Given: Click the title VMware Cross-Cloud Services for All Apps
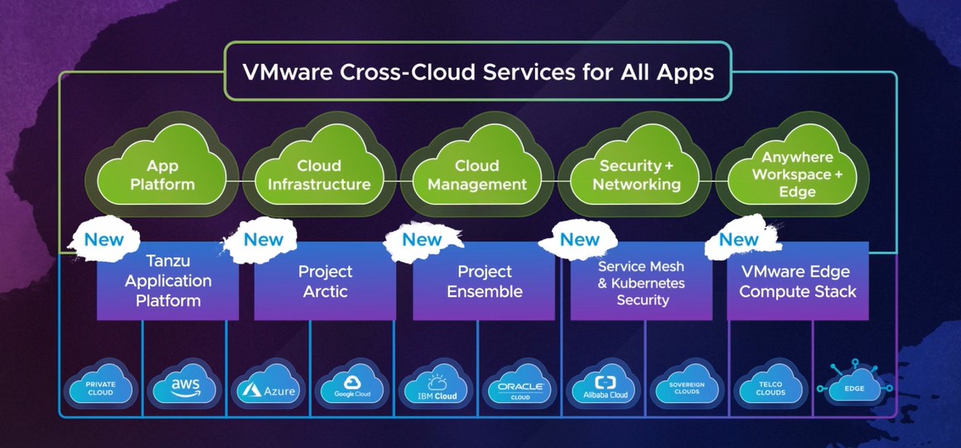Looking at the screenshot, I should (477, 72).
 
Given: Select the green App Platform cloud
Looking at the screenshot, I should (162, 174).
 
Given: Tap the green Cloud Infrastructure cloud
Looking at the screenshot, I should (319, 174).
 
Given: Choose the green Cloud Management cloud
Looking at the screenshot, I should (477, 174).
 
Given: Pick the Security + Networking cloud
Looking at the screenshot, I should (635, 174).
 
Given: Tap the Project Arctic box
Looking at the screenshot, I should (325, 281).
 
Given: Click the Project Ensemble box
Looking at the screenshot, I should (484, 281).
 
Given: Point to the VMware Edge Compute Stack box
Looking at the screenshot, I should (798, 281).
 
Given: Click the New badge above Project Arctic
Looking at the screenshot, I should (263, 240).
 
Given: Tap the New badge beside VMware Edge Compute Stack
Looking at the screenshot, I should (739, 240).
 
